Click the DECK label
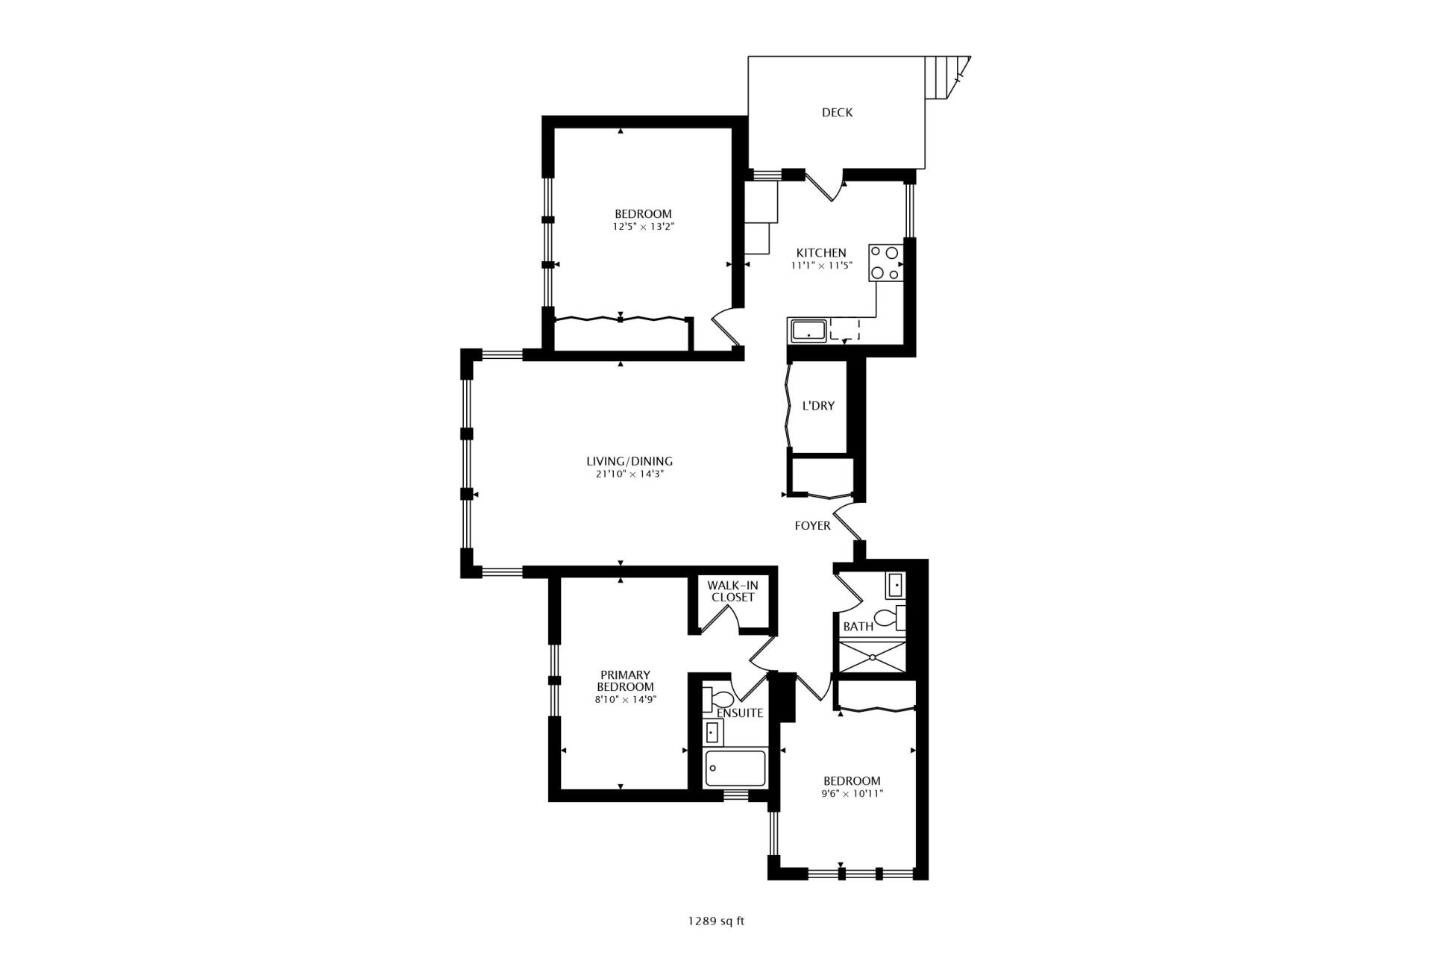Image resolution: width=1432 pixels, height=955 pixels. [837, 113]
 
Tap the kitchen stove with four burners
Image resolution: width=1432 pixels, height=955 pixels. [885, 263]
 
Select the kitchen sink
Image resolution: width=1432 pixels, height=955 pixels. [808, 330]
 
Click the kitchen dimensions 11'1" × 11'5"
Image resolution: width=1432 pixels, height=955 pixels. [821, 266]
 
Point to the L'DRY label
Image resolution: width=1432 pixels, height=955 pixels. [818, 406]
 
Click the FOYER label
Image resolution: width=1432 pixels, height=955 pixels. [812, 526]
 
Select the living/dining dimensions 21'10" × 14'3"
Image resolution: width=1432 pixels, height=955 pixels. [629, 474]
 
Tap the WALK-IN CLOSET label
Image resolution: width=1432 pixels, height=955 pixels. [732, 592]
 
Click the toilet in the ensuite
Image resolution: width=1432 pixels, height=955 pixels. [720, 700]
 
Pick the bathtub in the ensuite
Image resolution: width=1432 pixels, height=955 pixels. [735, 768]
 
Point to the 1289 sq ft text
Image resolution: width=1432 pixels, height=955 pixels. [716, 921]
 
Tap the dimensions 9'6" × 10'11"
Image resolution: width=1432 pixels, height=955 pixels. [850, 794]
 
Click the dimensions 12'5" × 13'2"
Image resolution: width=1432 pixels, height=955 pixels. [643, 226]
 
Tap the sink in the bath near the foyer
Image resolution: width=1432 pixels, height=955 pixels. [895, 586]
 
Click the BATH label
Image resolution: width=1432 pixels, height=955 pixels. [858, 627]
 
